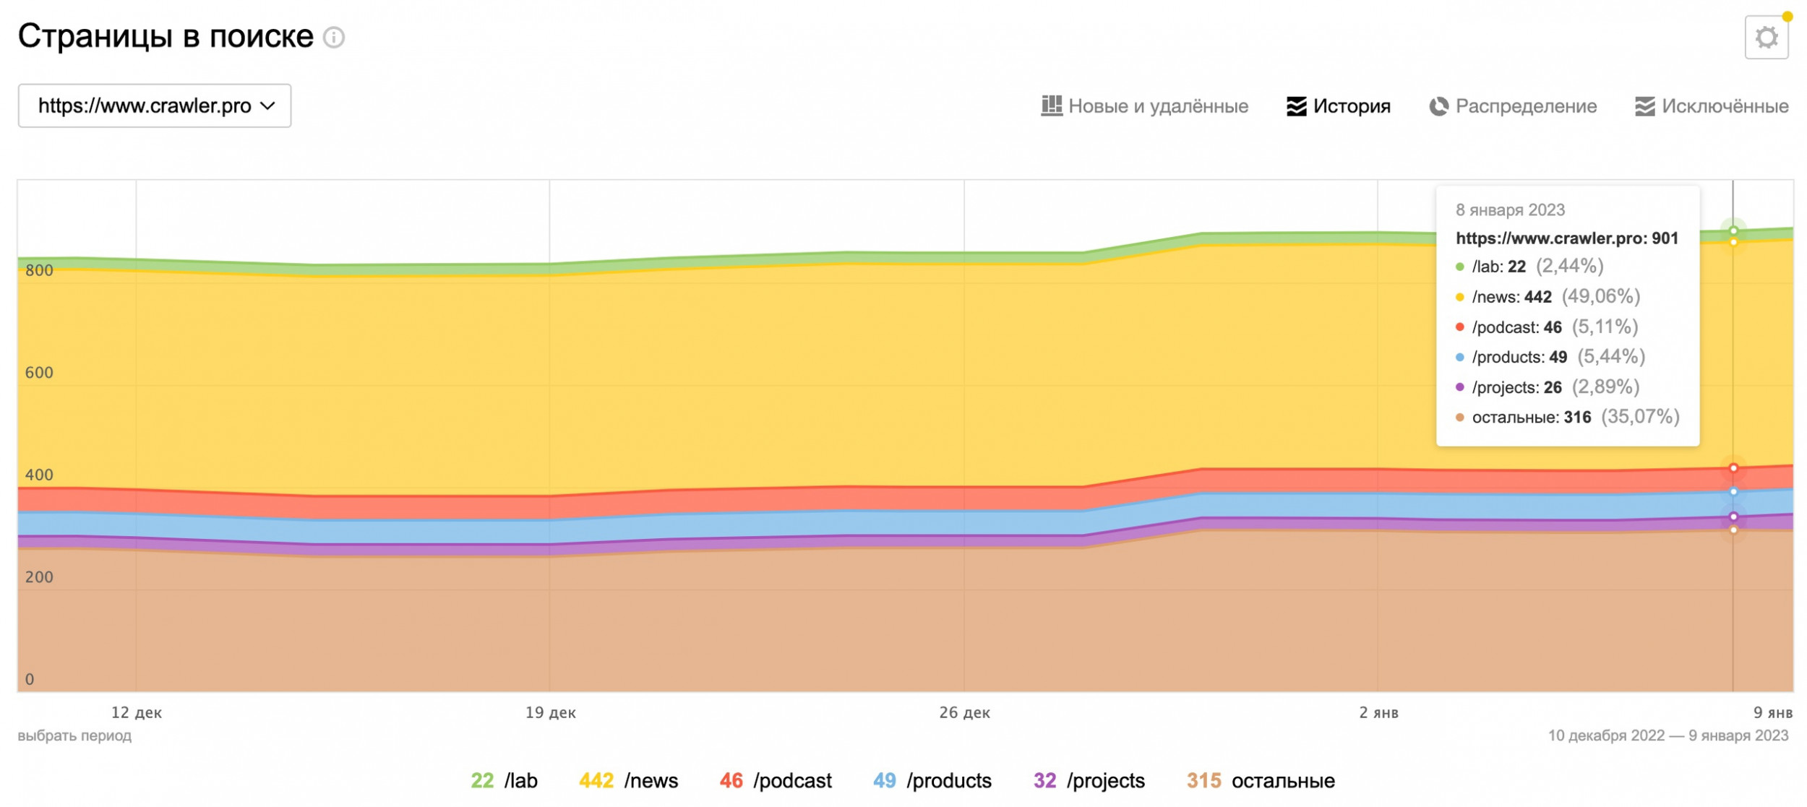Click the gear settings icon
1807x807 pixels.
point(1766,38)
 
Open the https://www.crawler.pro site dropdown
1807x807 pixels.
point(155,106)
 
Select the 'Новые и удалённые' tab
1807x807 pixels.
point(1144,106)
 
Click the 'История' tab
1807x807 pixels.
point(1338,106)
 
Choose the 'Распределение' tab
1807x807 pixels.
point(1512,106)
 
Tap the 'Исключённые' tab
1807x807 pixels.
point(1711,106)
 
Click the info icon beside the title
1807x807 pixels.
point(334,38)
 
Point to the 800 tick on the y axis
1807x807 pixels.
point(39,271)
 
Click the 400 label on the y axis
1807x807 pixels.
point(39,475)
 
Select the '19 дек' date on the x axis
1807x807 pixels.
point(550,713)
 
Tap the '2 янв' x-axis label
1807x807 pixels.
point(1378,713)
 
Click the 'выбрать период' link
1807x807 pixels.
point(74,735)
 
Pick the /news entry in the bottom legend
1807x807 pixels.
point(628,781)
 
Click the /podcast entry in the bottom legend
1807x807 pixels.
point(776,781)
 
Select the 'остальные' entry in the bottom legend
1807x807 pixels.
point(1261,781)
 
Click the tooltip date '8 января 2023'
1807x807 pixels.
point(1509,210)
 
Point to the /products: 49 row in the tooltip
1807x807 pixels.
point(1550,357)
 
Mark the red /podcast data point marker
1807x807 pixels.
point(1733,468)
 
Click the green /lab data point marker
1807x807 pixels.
point(1733,231)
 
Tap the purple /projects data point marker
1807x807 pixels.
point(1733,517)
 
